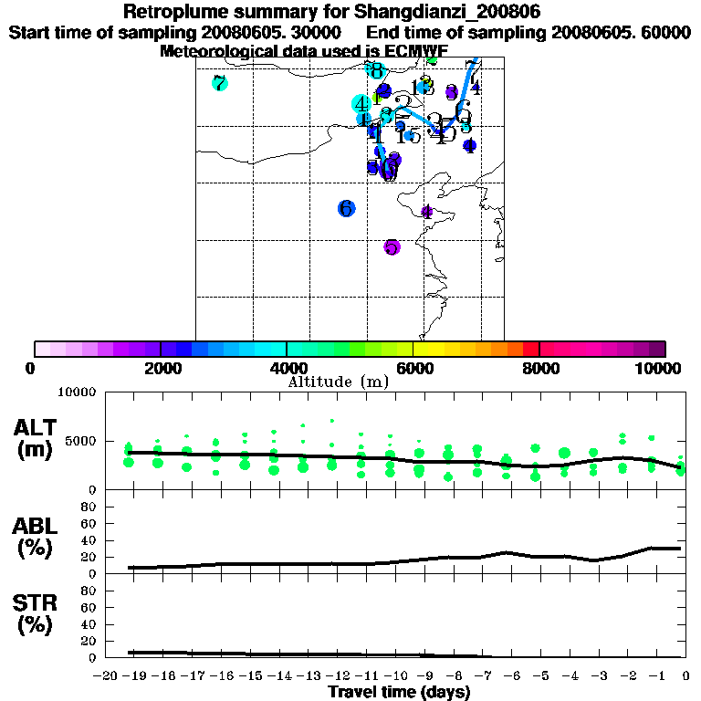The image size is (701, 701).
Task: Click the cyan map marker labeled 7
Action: coord(219,84)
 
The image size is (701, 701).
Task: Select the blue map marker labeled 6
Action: coord(346,208)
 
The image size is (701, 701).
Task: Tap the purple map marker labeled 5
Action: coord(392,246)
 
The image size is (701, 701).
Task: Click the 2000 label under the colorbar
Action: coord(160,368)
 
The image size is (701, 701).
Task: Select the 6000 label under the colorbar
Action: coord(413,368)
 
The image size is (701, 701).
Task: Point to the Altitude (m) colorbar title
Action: coord(338,382)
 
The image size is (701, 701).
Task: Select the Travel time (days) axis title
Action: coord(399,693)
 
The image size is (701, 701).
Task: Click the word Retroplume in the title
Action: coord(175,12)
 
